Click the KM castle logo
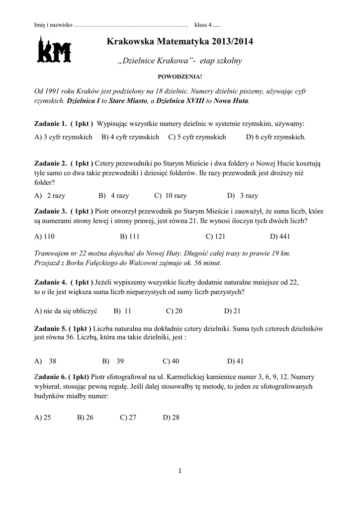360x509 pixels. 54,49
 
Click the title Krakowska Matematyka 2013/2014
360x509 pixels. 180,43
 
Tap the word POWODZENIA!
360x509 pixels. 180,77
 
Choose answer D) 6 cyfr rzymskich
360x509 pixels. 276,137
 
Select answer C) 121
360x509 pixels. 216,236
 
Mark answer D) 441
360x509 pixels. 280,236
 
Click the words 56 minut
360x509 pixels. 206,262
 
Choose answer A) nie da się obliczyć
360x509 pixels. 66,311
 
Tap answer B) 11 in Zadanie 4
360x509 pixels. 122,311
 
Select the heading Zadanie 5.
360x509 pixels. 50,329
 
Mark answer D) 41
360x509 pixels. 235,361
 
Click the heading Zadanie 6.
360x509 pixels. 50,377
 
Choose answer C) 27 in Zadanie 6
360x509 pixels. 128,418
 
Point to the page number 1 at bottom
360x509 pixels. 180,471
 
